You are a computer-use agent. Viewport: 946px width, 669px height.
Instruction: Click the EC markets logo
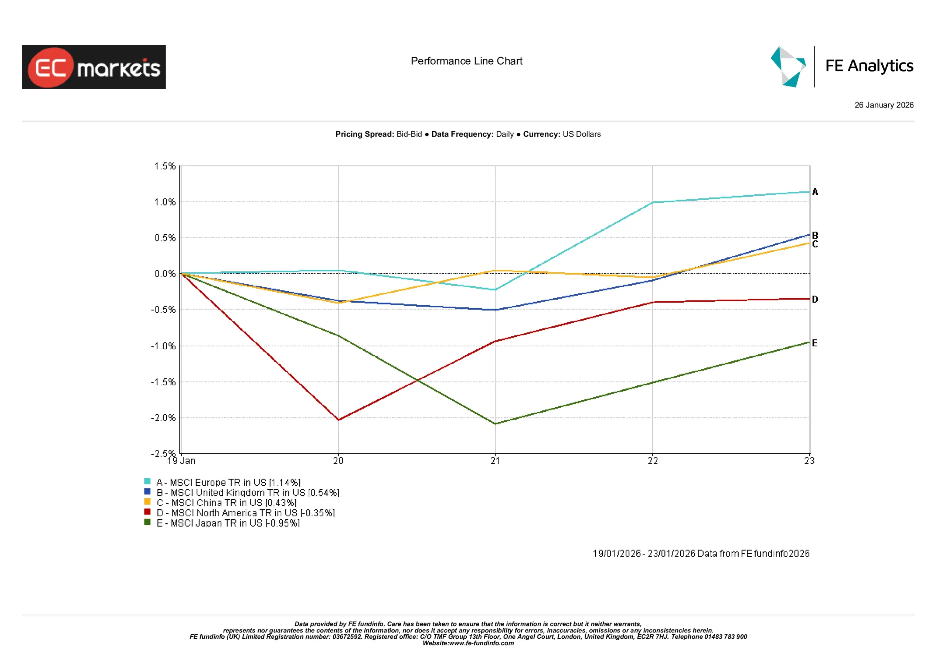coord(94,67)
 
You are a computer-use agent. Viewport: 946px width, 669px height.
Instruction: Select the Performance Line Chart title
coord(466,61)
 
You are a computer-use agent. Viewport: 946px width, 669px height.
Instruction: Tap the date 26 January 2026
coord(884,105)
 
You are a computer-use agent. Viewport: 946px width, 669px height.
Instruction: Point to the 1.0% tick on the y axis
coord(165,202)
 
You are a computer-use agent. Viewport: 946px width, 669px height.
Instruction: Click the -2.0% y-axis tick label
coord(163,418)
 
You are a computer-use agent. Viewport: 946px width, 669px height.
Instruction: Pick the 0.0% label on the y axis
coord(165,274)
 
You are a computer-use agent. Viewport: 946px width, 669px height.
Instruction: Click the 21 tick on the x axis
coord(495,461)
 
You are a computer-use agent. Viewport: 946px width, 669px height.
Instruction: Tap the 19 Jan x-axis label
coord(182,461)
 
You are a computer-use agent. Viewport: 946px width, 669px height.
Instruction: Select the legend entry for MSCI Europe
coord(228,482)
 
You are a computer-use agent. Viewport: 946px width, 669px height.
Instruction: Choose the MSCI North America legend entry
coord(246,513)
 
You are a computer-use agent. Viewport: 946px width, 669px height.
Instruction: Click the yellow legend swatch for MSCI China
coord(147,502)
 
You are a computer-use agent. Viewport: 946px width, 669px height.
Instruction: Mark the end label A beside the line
coord(815,192)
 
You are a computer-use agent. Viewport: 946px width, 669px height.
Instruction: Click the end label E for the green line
coord(814,343)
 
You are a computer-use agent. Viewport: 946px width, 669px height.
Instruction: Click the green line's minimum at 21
coord(495,424)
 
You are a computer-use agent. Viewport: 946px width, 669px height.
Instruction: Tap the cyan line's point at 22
coord(653,202)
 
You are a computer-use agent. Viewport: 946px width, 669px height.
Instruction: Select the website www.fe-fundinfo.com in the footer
coord(481,643)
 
